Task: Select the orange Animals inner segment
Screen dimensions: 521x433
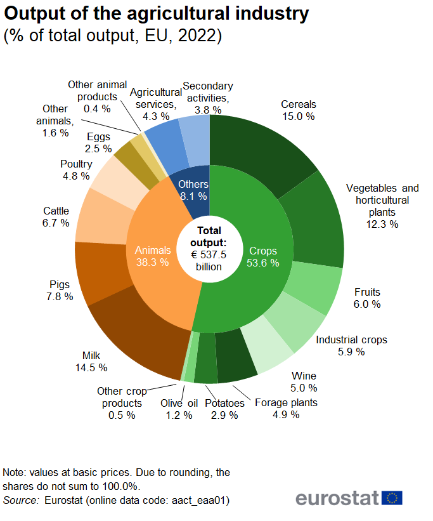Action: pyautogui.click(x=155, y=254)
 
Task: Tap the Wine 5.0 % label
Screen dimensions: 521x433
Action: pyautogui.click(x=304, y=382)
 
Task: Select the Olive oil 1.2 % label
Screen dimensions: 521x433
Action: pyautogui.click(x=179, y=409)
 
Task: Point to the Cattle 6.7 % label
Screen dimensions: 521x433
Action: pyautogui.click(x=56, y=218)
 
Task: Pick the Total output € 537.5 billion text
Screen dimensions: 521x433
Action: pyautogui.click(x=209, y=248)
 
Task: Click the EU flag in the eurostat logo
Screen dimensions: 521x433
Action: pyautogui.click(x=392, y=498)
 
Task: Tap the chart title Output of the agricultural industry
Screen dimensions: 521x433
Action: pyautogui.click(x=157, y=13)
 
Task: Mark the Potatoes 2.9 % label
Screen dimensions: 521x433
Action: pyautogui.click(x=224, y=409)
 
